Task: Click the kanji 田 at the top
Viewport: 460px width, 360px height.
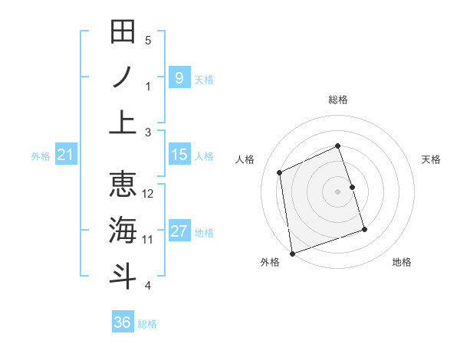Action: coord(123,32)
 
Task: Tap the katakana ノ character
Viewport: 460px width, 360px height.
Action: coord(123,77)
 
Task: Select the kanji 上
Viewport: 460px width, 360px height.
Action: coord(123,123)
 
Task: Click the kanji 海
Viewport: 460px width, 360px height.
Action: coord(123,230)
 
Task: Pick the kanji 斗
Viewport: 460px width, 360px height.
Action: coord(123,275)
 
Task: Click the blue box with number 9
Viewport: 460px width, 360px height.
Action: coord(179,77)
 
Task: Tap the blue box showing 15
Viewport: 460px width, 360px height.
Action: coord(179,155)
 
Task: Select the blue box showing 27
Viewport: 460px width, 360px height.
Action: coord(179,232)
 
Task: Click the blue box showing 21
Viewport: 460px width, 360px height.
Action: coord(65,155)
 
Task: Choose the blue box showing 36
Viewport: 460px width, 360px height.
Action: coord(123,322)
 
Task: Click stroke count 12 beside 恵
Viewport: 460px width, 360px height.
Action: coord(149,194)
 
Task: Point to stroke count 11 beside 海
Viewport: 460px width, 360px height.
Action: coord(149,240)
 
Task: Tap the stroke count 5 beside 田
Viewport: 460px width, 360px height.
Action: coord(149,40)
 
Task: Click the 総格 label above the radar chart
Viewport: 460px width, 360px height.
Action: coord(338,100)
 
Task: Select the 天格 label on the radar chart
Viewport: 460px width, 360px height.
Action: coord(432,159)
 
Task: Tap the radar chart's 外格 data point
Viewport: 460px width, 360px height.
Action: coord(292,253)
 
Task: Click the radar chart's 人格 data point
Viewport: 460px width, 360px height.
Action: coord(280,172)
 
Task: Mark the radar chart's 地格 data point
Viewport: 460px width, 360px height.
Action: coord(364,229)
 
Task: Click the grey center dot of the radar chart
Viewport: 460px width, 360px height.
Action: coord(338,191)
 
